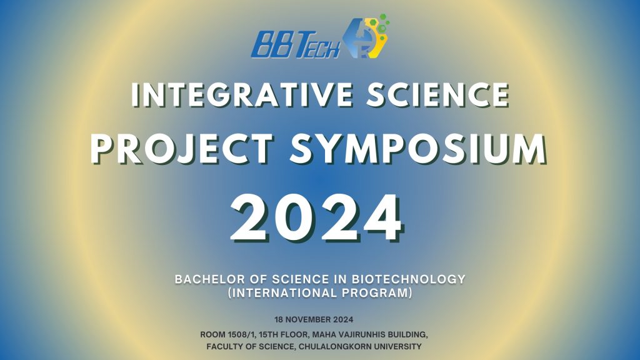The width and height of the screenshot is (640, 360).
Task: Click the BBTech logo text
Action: point(295,44)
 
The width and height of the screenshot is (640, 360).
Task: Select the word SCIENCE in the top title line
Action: point(438,95)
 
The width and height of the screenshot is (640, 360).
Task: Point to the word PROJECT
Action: point(182,149)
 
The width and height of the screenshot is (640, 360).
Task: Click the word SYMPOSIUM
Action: point(418,149)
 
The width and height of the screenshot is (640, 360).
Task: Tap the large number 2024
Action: point(317,218)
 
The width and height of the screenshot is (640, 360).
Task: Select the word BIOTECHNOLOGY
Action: point(409,279)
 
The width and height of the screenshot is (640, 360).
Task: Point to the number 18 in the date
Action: point(278,319)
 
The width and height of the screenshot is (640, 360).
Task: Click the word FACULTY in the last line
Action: point(223,347)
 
